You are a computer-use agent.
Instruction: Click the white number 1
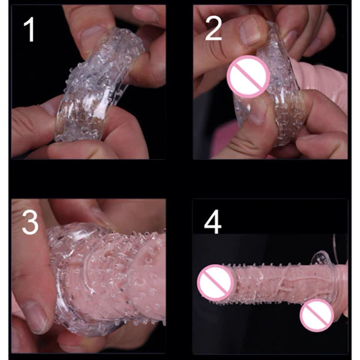(x=29, y=29)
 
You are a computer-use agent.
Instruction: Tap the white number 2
(x=213, y=29)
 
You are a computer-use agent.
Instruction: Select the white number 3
(x=30, y=222)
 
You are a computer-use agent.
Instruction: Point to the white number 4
(x=212, y=222)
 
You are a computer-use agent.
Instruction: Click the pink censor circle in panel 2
(x=248, y=76)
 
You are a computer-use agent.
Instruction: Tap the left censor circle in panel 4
(x=215, y=282)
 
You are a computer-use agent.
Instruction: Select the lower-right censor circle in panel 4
(x=317, y=315)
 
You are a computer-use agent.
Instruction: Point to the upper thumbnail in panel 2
(x=251, y=32)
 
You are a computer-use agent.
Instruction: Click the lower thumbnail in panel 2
(x=258, y=112)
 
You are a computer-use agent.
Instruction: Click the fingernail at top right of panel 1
(x=145, y=14)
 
